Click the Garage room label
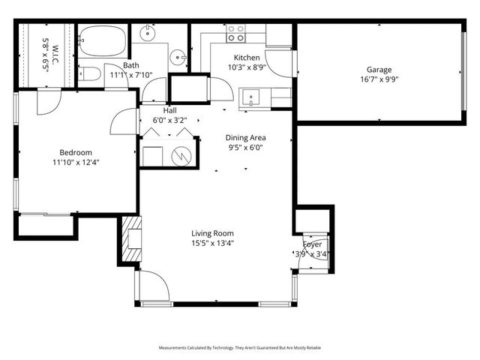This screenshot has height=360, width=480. (379, 70)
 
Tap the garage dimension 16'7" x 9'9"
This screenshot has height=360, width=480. (379, 80)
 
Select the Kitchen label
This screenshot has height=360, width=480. (247, 58)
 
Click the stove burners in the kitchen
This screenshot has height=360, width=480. (235, 32)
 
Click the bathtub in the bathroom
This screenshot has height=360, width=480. (103, 41)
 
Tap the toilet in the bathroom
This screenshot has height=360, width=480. (89, 73)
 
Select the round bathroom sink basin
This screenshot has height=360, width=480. (176, 55)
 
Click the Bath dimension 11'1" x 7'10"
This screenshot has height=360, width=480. (131, 75)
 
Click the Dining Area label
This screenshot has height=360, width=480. (246, 138)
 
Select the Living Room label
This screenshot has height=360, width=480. (213, 233)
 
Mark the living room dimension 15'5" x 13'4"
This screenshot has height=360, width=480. (213, 243)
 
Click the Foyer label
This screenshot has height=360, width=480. (312, 244)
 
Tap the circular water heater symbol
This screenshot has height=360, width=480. (181, 156)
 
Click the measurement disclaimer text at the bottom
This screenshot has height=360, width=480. (239, 348)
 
